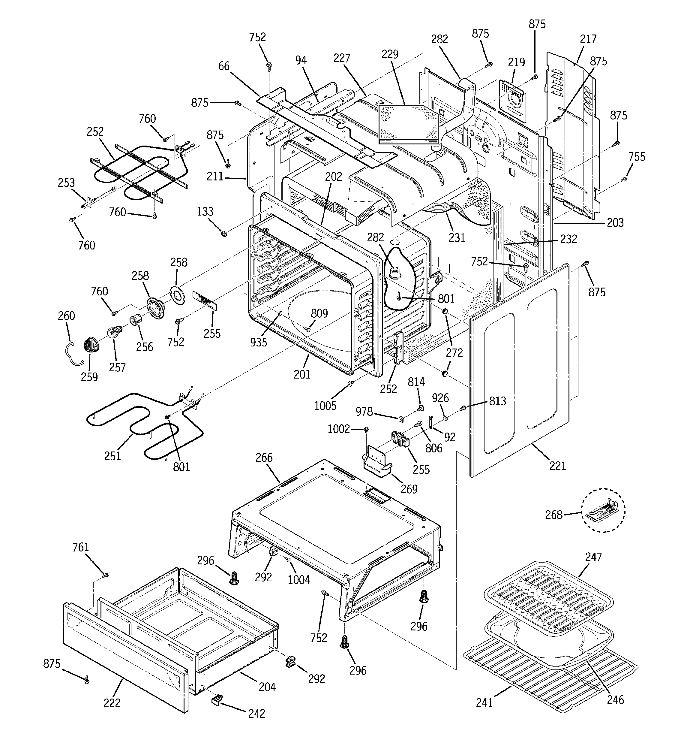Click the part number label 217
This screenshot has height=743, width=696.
[x=588, y=39]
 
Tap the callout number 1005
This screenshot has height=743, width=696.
[x=325, y=406]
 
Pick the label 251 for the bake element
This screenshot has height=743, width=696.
[x=112, y=456]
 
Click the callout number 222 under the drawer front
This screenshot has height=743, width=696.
[x=112, y=703]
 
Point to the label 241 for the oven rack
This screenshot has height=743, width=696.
[x=484, y=703]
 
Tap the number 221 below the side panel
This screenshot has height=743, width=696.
[x=557, y=466]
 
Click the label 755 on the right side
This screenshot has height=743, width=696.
[x=637, y=157]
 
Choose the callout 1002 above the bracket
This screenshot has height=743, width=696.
[x=338, y=429]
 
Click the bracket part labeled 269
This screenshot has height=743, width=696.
[x=376, y=463]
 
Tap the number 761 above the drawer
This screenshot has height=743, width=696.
[x=81, y=547]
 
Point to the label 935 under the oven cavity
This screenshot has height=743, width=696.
[x=259, y=342]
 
